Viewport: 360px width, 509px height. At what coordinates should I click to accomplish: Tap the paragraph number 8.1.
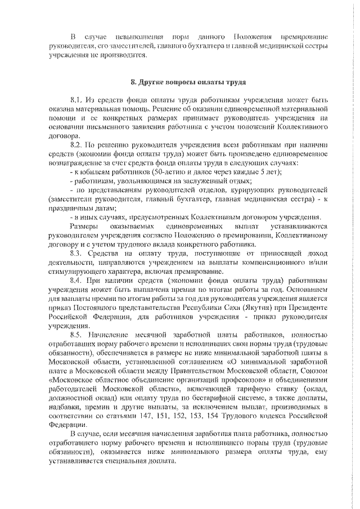click(77, 99)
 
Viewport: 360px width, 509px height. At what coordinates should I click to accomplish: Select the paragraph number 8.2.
click(77, 143)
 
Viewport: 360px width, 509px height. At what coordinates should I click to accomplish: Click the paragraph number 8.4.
click(77, 280)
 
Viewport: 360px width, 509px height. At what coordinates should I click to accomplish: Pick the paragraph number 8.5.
click(77, 334)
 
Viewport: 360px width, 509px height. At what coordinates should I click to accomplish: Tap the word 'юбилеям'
click(91, 172)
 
